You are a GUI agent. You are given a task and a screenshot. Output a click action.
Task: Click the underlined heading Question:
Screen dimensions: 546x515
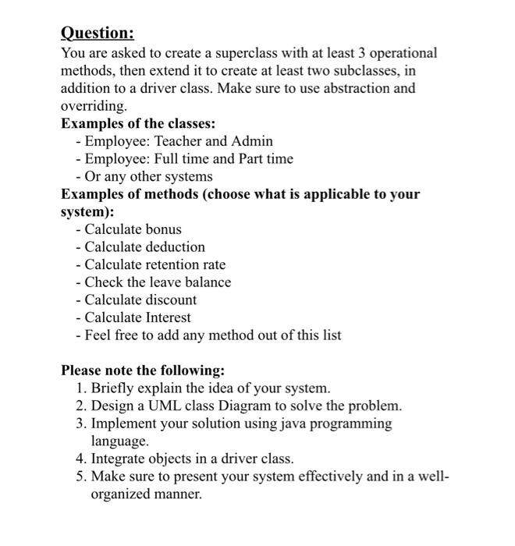coord(98,33)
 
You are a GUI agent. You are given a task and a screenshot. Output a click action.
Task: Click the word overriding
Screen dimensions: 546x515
coord(93,105)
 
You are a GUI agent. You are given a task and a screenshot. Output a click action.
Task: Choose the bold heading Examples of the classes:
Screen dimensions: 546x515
coord(139,123)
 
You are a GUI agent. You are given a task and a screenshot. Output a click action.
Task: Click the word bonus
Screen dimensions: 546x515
coord(163,229)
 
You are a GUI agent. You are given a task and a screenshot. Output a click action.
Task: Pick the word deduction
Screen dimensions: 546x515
coord(176,246)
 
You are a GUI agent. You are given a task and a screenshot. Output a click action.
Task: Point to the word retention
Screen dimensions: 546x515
coord(171,264)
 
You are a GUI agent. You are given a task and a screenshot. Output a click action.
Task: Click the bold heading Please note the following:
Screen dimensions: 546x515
coord(143,370)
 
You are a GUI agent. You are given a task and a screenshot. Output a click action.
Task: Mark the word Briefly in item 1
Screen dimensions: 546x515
coord(113,388)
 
